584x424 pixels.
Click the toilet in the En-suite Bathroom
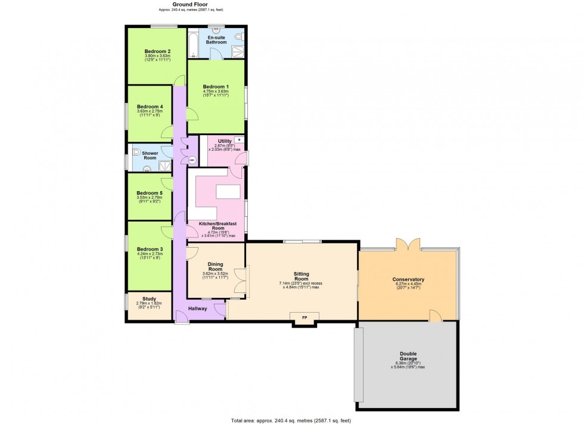239,37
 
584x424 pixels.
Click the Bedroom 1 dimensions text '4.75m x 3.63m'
216,91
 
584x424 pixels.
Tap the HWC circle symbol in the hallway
191,160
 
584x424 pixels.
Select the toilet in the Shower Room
135,152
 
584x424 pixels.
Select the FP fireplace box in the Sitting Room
305,317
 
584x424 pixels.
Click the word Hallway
197,308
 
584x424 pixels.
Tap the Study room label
149,299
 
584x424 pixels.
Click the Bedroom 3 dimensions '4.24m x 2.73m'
150,254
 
